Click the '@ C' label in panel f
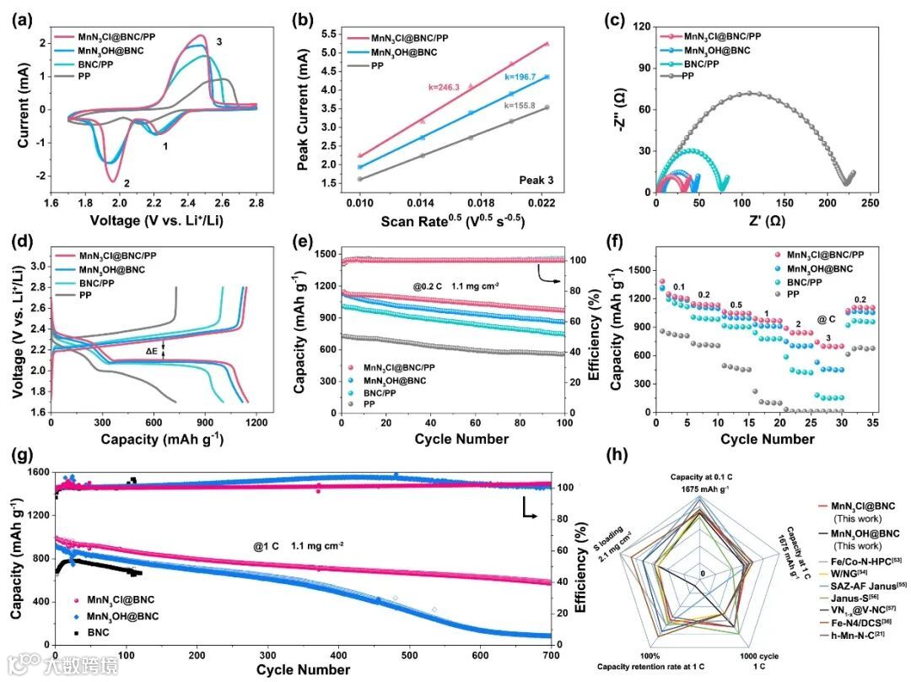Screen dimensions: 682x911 pos(827,320)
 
